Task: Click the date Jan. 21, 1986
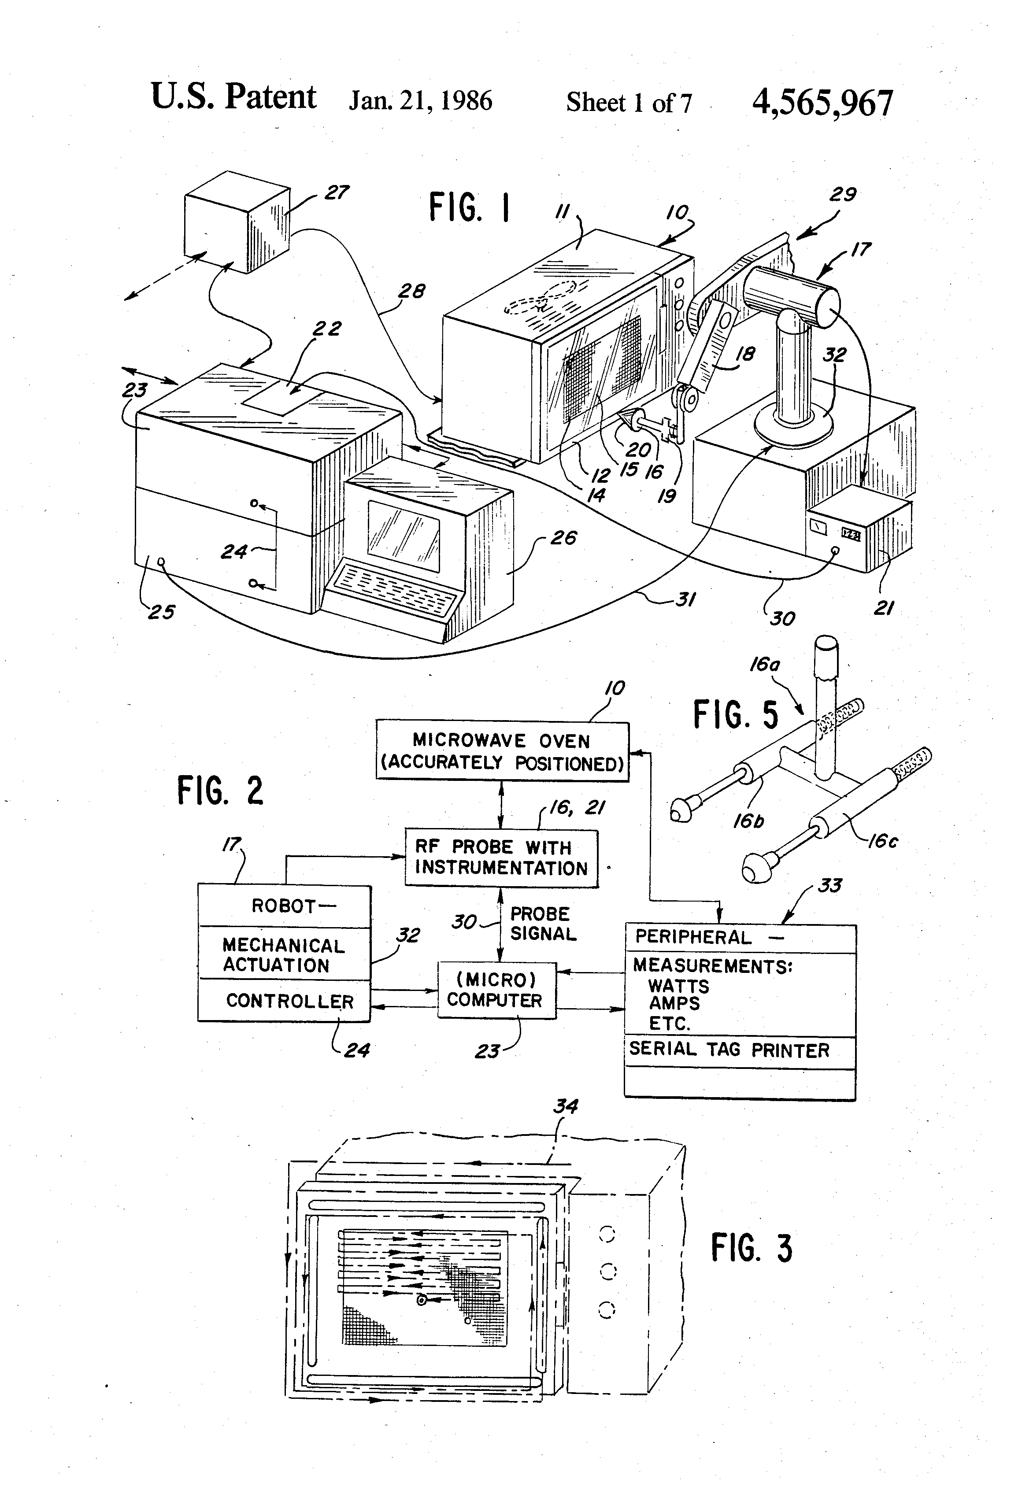(x=421, y=101)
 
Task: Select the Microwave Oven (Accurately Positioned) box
(x=502, y=751)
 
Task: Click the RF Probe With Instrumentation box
(x=501, y=858)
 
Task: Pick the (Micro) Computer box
(x=496, y=990)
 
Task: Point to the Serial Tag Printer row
(x=729, y=1050)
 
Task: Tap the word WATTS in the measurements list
(x=678, y=986)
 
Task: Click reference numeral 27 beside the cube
(x=337, y=192)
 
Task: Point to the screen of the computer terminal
(x=404, y=528)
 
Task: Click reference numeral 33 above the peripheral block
(x=829, y=885)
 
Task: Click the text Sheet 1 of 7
(x=629, y=103)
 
